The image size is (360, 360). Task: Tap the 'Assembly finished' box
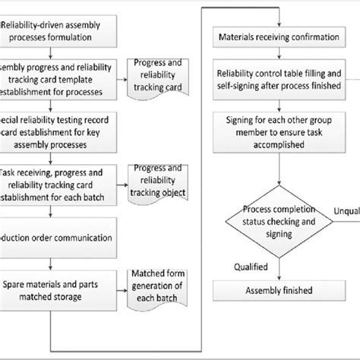[x=279, y=290]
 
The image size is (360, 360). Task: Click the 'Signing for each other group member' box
[x=279, y=128]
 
